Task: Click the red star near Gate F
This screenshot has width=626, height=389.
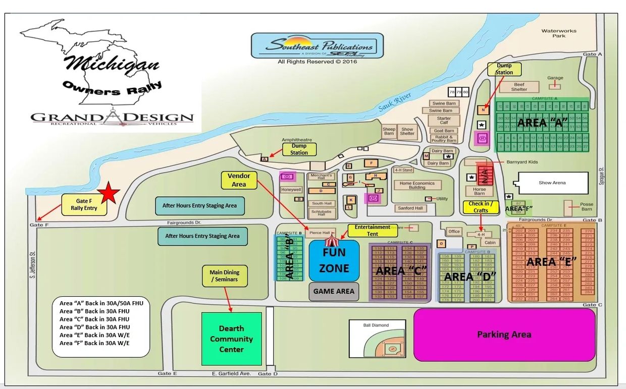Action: pyautogui.click(x=109, y=192)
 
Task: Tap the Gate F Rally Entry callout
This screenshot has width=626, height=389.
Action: pyautogui.click(x=84, y=205)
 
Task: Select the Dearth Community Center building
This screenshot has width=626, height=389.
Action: pyautogui.click(x=232, y=339)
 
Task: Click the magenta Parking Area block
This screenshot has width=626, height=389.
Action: pyautogui.click(x=504, y=335)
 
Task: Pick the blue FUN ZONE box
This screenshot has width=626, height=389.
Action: pyautogui.click(x=334, y=261)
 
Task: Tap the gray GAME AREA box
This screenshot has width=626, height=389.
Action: pyautogui.click(x=334, y=291)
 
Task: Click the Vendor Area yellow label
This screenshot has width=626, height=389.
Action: pyautogui.click(x=239, y=180)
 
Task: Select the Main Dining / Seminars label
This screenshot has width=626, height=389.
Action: pyautogui.click(x=225, y=276)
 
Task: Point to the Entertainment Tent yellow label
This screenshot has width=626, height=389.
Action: pyautogui.click(x=372, y=231)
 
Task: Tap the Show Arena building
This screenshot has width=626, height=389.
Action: pyautogui.click(x=552, y=183)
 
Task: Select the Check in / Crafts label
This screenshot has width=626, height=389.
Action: pyautogui.click(x=480, y=207)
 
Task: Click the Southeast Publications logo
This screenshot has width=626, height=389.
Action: pyautogui.click(x=317, y=46)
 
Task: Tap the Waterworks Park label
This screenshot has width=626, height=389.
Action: pyautogui.click(x=558, y=33)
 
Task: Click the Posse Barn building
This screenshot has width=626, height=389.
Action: pyautogui.click(x=572, y=207)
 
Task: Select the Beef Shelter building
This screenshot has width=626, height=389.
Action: pyautogui.click(x=519, y=87)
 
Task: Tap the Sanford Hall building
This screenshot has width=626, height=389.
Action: pyautogui.click(x=410, y=208)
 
